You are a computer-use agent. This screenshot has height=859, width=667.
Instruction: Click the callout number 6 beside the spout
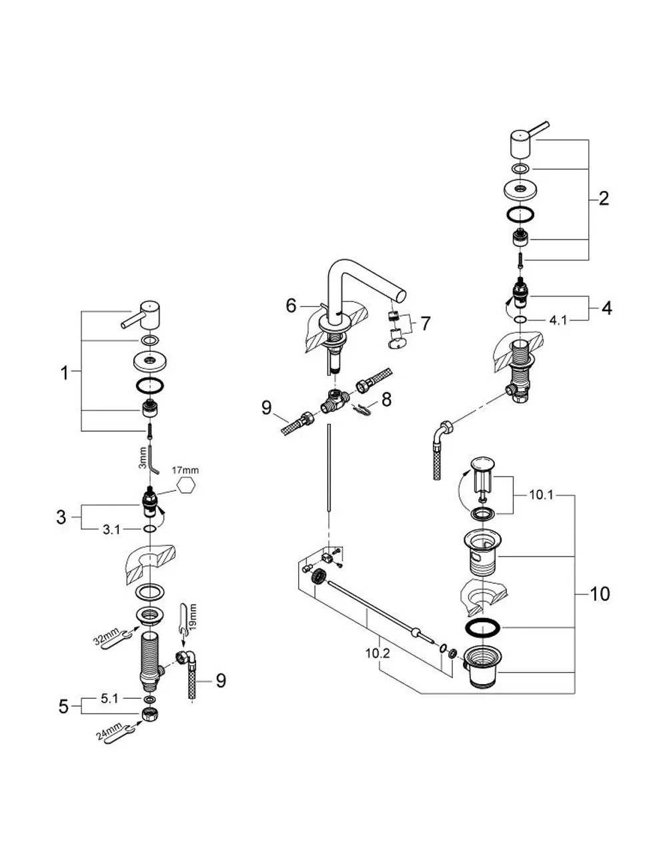click(x=291, y=306)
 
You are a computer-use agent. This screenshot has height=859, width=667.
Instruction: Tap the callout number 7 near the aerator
click(x=425, y=324)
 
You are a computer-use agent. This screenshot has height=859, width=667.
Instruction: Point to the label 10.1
click(x=541, y=495)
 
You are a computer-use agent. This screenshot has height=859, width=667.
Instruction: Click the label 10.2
click(x=377, y=653)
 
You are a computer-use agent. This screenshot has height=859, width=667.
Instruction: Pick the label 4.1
click(x=558, y=320)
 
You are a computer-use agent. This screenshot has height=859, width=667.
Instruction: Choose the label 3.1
click(x=111, y=530)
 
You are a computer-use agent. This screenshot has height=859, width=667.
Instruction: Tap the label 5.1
click(x=109, y=699)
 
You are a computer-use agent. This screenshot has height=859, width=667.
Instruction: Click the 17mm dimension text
click(x=185, y=471)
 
